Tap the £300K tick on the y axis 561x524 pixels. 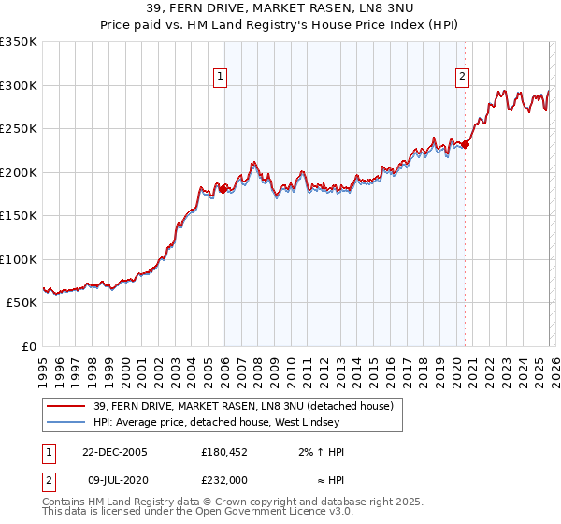18,85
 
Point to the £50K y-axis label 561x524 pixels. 21,303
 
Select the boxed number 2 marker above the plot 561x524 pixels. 462,78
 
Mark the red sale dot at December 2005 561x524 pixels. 223,189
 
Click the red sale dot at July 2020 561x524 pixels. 465,144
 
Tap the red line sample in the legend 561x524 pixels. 65,406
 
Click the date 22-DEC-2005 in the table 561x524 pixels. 115,452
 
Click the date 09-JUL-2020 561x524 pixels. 115,478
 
